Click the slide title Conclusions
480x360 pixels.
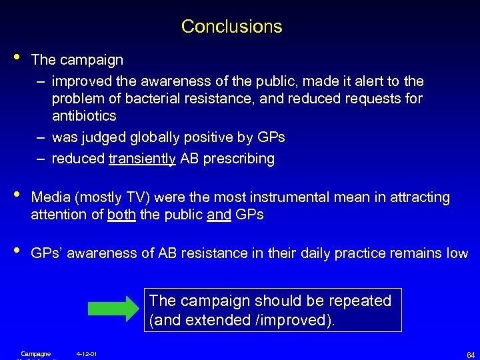point(231,27)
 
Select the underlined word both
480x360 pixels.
point(121,215)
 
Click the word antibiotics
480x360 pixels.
point(84,116)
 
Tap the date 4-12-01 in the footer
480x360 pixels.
point(87,353)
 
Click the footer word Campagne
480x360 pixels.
point(35,353)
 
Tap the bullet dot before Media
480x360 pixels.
point(15,196)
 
